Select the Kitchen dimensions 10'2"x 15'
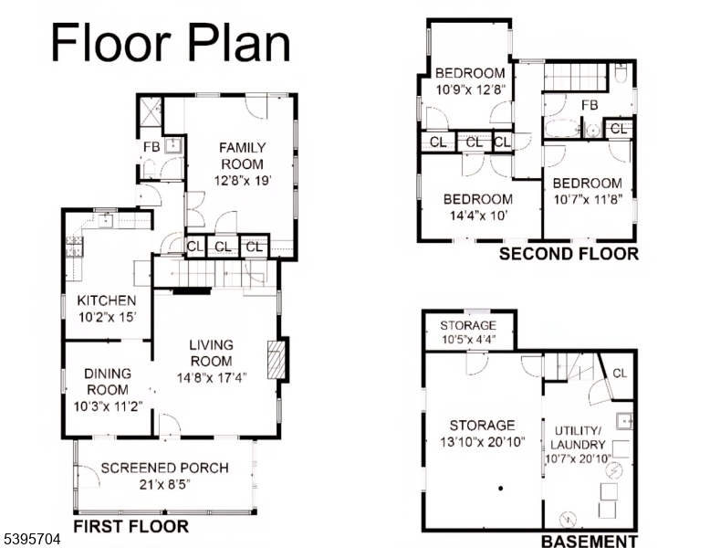click(107, 317)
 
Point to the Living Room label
click(211, 353)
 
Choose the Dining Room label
click(108, 381)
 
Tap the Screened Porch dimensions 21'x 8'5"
click(164, 485)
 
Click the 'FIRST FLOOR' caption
click(131, 527)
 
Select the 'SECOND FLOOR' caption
click(569, 254)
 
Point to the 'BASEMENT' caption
click(589, 542)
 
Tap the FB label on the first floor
click(151, 147)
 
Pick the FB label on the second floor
click(590, 105)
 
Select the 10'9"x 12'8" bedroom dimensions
click(469, 90)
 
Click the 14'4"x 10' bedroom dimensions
click(477, 216)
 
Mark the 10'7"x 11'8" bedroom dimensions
click(588, 198)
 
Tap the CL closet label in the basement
click(620, 373)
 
